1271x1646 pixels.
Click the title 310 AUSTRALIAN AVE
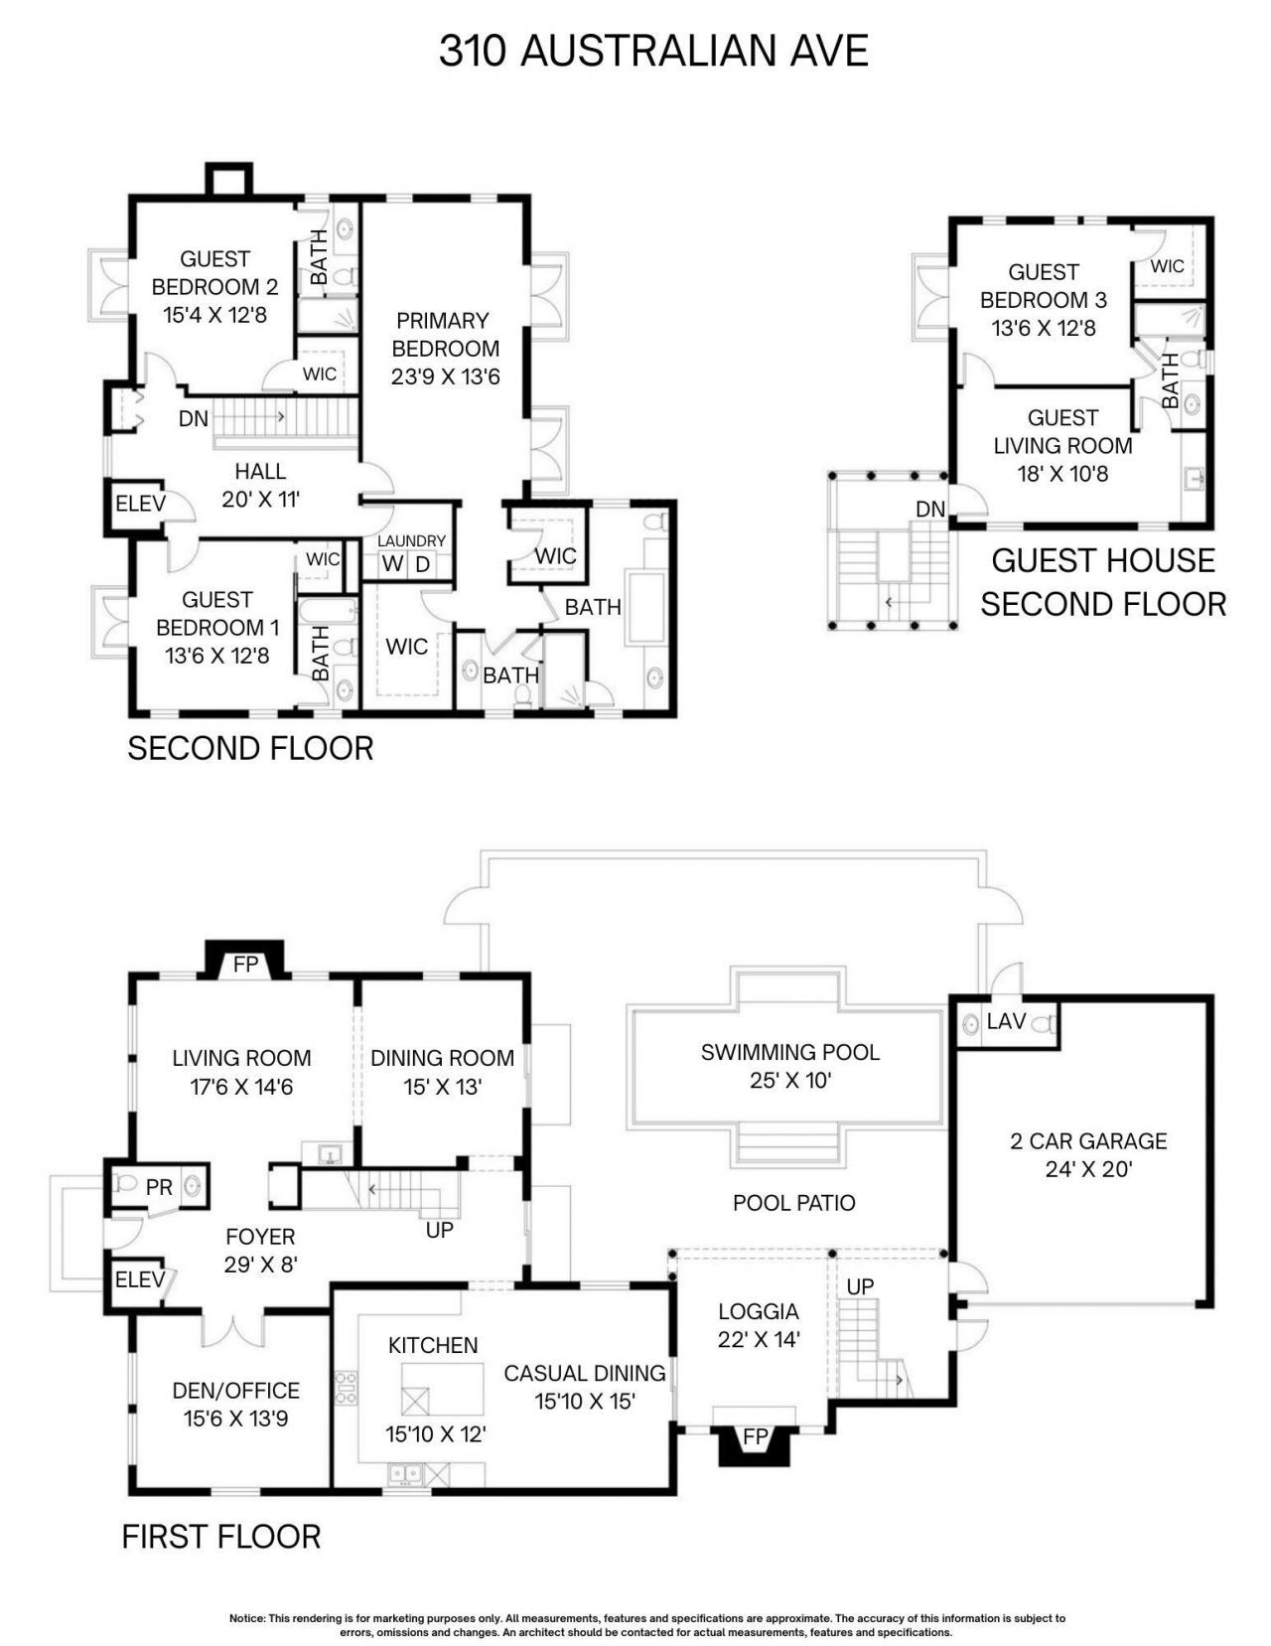(x=653, y=51)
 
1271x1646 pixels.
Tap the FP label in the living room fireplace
(x=244, y=965)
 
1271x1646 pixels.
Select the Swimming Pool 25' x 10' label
(x=789, y=1065)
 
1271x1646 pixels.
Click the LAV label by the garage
(x=1006, y=1021)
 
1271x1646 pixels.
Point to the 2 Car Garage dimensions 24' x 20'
(x=1088, y=1169)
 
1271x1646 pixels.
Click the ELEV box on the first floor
(x=139, y=1279)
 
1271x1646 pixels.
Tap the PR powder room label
(x=159, y=1187)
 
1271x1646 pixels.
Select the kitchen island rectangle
(x=443, y=1389)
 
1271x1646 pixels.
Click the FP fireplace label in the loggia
(x=756, y=1436)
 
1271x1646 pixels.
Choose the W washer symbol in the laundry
(x=393, y=564)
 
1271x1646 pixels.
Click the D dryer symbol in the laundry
(x=422, y=564)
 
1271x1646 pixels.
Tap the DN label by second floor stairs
(x=194, y=419)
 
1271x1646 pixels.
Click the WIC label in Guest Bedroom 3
(x=1167, y=266)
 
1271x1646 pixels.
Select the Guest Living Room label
(x=1062, y=431)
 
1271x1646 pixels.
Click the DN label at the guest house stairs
(x=929, y=509)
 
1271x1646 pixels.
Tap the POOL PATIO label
(x=793, y=1203)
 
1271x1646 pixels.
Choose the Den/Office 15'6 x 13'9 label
(x=235, y=1404)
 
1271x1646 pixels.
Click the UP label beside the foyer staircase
(x=439, y=1230)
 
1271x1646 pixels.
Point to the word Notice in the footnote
(x=247, y=1618)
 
